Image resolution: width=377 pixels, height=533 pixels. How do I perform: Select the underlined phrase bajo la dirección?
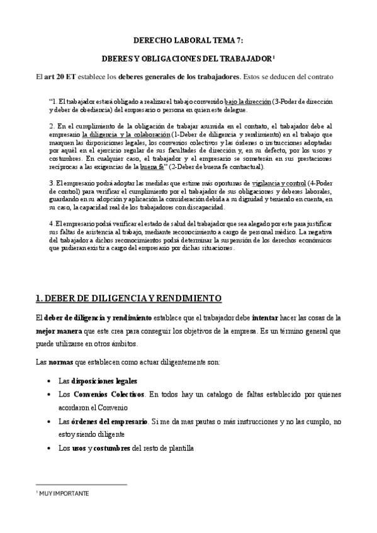(247, 101)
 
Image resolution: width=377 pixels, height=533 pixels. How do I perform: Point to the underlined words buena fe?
(150, 167)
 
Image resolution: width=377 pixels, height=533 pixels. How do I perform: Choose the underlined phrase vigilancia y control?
(279, 183)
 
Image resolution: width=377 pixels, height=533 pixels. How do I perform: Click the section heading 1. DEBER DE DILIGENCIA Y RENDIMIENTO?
(125, 297)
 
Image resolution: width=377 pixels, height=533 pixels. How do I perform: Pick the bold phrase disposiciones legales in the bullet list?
(105, 381)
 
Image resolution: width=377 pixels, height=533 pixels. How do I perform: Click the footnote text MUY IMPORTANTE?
(64, 494)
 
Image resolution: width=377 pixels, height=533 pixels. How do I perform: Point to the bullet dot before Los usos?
(50, 448)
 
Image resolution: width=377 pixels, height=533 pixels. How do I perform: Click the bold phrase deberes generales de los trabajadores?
(186, 77)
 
